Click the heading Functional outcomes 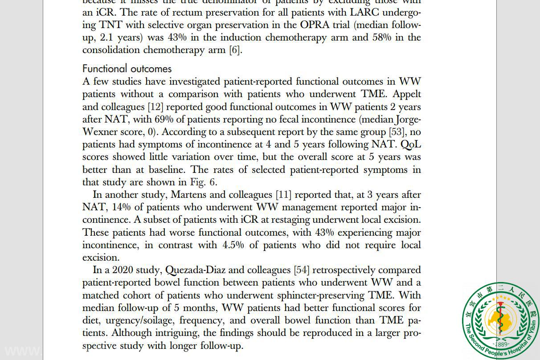coord(127,69)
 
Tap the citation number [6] coord(235,50)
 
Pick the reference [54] coord(301,270)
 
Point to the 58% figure coord(382,37)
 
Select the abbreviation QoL coord(411,144)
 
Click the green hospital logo coord(500,320)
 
